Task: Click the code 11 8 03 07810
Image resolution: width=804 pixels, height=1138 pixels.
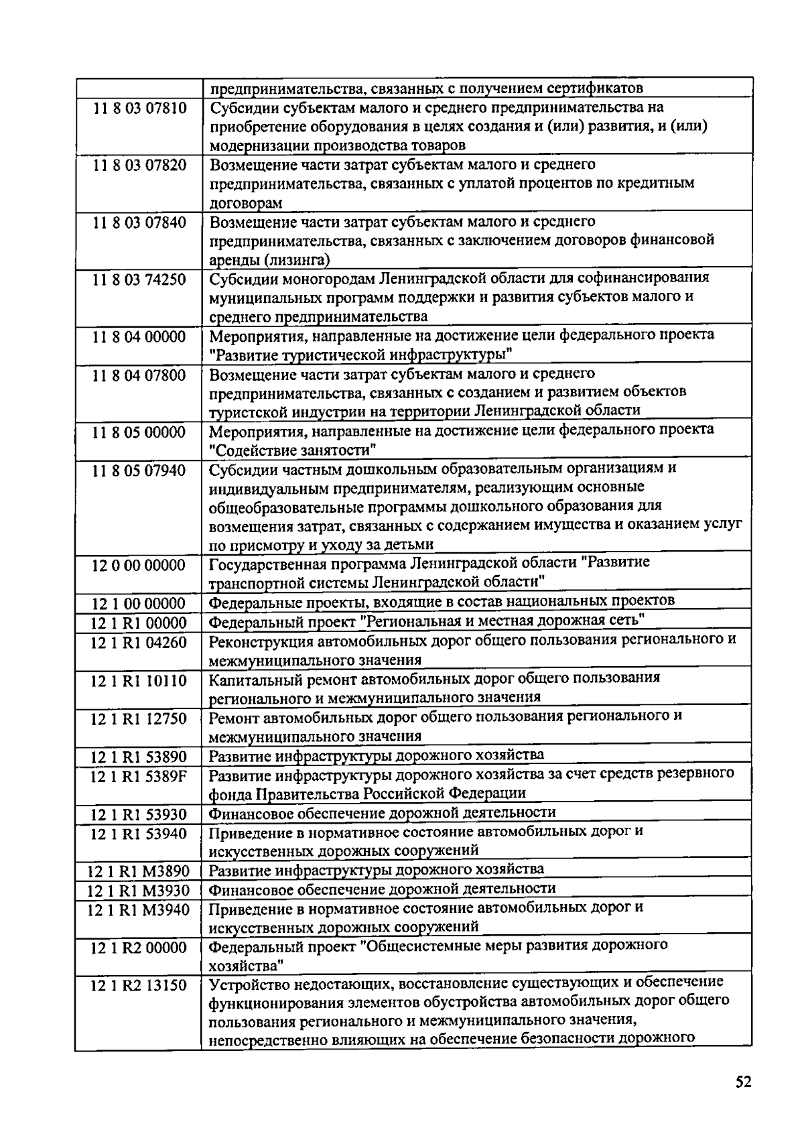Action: [x=139, y=109]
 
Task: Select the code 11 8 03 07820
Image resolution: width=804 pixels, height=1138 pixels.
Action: [x=139, y=166]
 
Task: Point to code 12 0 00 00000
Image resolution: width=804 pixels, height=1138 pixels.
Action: [x=139, y=566]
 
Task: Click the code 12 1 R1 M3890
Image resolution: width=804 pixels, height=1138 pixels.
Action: [x=139, y=872]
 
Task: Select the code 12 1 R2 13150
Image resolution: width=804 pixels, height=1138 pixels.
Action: [x=139, y=986]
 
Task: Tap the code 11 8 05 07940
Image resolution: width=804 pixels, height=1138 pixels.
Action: [x=139, y=470]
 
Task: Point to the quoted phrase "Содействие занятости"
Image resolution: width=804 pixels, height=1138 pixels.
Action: [x=293, y=448]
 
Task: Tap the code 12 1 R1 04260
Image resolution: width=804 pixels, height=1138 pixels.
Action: [x=139, y=643]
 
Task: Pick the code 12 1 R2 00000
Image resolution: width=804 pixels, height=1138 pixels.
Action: [x=139, y=948]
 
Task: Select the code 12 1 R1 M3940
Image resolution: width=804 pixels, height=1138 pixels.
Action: [x=139, y=910]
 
